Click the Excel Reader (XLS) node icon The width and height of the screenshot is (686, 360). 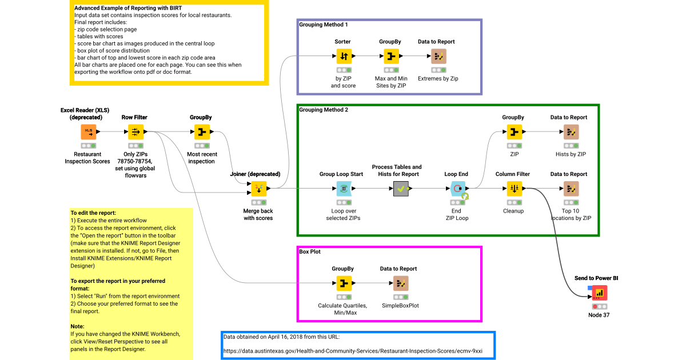click(88, 132)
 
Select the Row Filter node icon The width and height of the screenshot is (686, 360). click(135, 132)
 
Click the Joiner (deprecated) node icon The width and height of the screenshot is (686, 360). click(258, 189)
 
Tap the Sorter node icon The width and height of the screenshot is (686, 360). click(343, 56)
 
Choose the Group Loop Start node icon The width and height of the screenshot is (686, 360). click(343, 189)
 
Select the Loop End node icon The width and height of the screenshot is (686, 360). click(457, 189)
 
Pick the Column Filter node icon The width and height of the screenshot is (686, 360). click(513, 189)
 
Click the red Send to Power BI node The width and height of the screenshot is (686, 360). click(599, 293)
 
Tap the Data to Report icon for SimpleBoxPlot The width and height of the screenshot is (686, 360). click(400, 283)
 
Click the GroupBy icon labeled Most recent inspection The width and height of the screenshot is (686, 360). click(201, 132)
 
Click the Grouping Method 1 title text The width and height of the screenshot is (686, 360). click(324, 25)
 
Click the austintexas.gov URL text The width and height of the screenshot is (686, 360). click(360, 351)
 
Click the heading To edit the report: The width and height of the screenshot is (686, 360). click(93, 213)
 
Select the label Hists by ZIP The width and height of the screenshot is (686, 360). click(571, 154)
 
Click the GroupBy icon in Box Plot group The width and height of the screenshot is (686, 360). click(343, 283)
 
